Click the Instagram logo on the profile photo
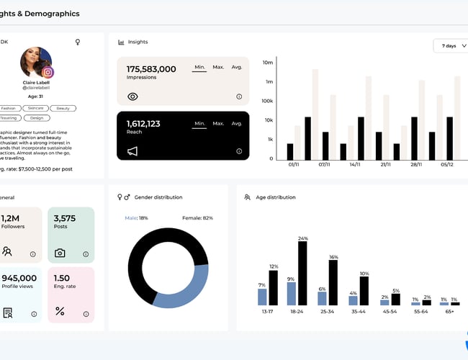click(x=48, y=72)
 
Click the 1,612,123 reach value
click(x=143, y=124)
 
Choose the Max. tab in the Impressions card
click(x=219, y=67)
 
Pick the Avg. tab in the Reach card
click(x=237, y=124)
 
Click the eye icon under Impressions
click(x=132, y=96)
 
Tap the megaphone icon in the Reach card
click(x=132, y=151)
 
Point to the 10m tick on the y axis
click(x=268, y=63)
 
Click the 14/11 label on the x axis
click(x=355, y=165)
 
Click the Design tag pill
click(x=37, y=117)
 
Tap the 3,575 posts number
click(x=65, y=218)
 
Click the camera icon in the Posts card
click(x=60, y=253)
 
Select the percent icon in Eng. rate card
click(x=60, y=311)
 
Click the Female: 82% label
click(x=198, y=217)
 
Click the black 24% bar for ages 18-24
click(x=302, y=274)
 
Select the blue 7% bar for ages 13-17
click(x=262, y=297)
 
